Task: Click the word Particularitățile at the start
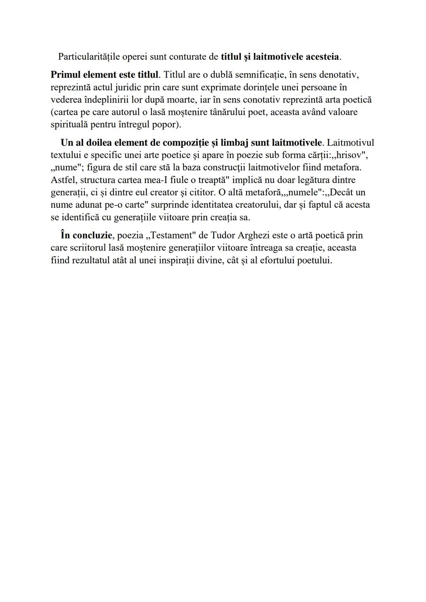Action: click(x=89, y=57)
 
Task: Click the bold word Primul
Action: click(x=66, y=75)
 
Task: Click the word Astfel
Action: click(x=64, y=180)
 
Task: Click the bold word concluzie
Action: click(x=92, y=235)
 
